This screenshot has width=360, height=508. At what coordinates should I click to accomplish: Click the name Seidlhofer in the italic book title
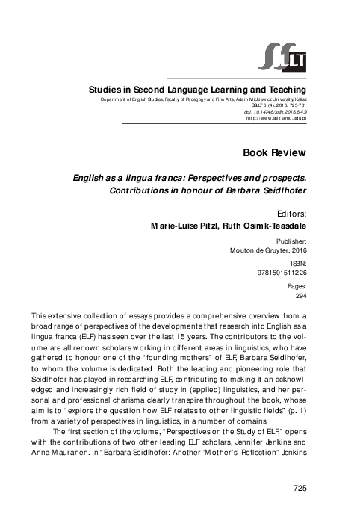coord(279,190)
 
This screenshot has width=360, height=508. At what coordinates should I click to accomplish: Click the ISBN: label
coord(296,265)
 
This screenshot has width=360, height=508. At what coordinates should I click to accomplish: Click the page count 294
coord(300,297)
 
